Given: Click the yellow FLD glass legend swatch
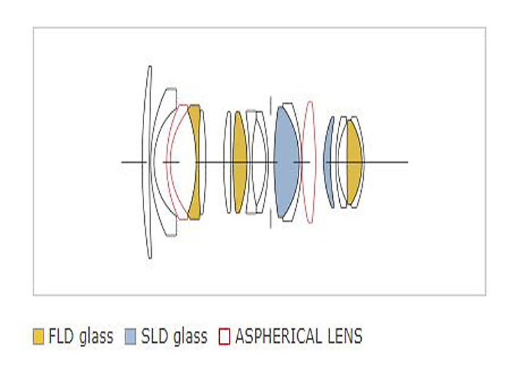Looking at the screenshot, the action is tap(39, 337).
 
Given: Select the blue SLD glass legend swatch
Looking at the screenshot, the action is tap(130, 337).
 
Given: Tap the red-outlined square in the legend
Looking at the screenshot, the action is tap(224, 337).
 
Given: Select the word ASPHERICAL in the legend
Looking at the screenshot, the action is tap(279, 336).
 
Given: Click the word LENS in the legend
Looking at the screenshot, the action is tap(345, 336).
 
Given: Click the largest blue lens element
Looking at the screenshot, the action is tap(286, 162).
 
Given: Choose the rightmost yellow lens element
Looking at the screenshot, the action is tap(354, 162).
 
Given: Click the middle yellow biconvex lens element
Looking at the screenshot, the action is tap(240, 162).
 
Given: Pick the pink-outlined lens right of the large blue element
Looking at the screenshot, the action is tap(310, 162).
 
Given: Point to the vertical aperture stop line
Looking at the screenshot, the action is tap(271, 162).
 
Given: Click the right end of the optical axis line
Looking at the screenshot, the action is tap(408, 162).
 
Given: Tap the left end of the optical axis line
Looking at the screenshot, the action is tap(121, 162).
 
